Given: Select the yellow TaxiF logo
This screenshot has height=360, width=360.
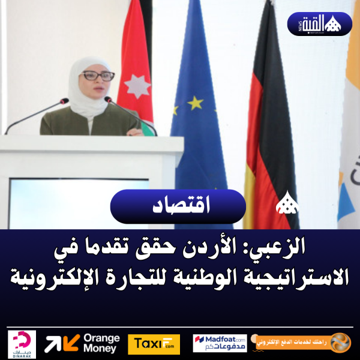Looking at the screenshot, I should (153, 344).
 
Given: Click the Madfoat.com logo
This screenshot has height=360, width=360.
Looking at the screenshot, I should (220, 343).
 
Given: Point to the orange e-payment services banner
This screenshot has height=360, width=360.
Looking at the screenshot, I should (300, 343).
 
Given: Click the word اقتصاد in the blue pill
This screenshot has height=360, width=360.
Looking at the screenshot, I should (178, 208).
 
